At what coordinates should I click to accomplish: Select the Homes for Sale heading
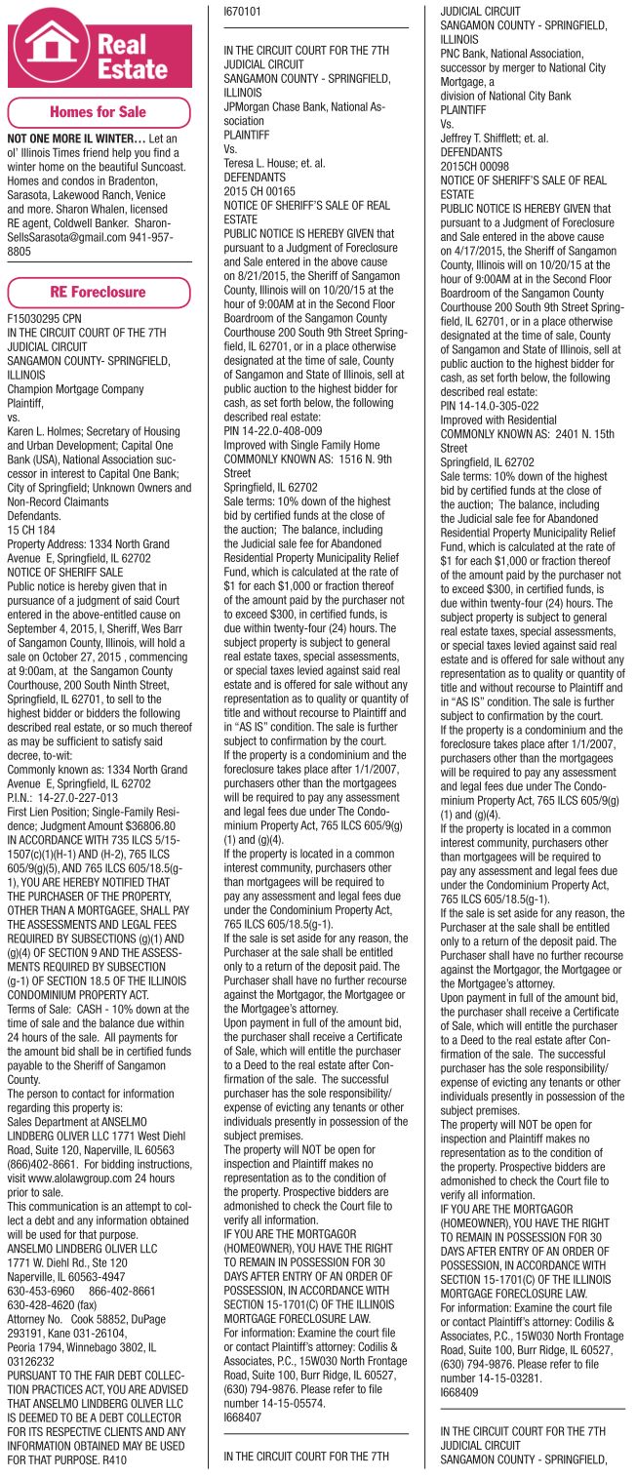98,112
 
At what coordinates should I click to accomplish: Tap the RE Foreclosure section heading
98,292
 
